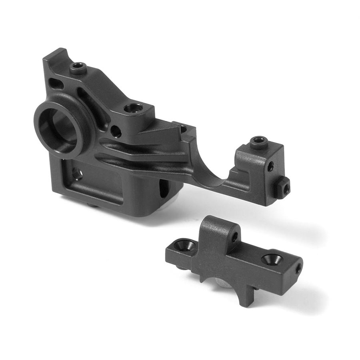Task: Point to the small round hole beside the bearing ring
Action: coord(116,131)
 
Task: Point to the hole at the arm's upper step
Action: coord(184,129)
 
